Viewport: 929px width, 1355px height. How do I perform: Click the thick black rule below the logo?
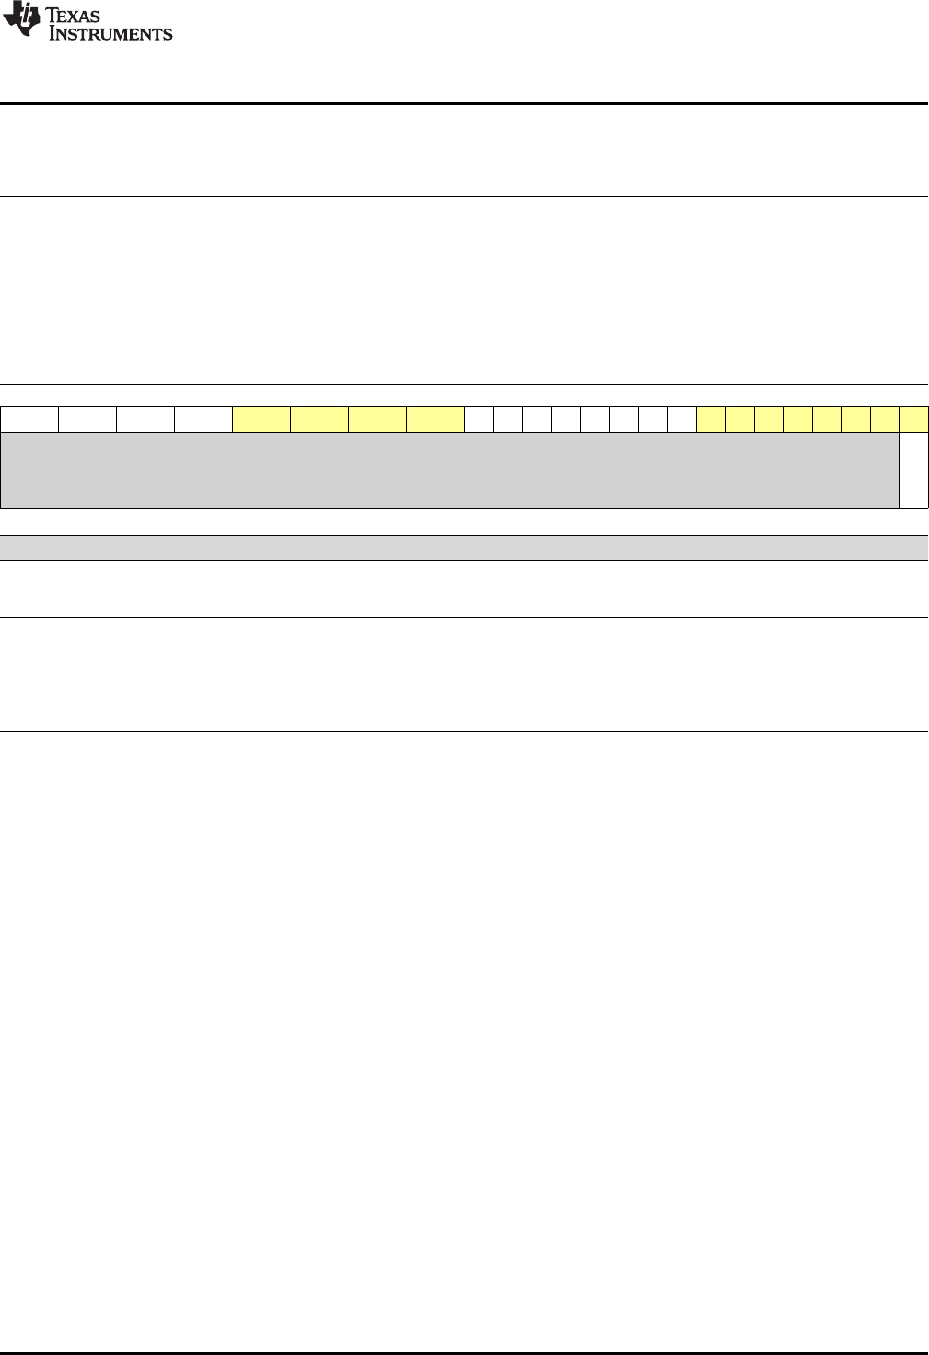pyautogui.click(x=464, y=103)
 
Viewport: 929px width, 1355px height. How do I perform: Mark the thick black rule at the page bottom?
pyautogui.click(x=464, y=1352)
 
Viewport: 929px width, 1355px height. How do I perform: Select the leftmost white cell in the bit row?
pyautogui.click(x=15, y=419)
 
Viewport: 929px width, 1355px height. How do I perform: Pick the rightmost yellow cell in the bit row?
pyautogui.click(x=913, y=419)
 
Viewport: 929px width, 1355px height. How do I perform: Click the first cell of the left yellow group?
pyautogui.click(x=247, y=419)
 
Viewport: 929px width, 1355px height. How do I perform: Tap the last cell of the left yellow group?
pyautogui.click(x=449, y=419)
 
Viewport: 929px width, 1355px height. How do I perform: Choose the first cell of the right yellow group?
pyautogui.click(x=711, y=419)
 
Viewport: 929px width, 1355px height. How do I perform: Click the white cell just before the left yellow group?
pyautogui.click(x=218, y=419)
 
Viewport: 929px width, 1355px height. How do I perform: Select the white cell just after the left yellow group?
pyautogui.click(x=479, y=419)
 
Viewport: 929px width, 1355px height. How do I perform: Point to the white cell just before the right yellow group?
pyautogui.click(x=681, y=419)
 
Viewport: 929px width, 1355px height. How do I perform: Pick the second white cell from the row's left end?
pyautogui.click(x=44, y=419)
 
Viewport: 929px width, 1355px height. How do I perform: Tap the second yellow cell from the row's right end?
pyautogui.click(x=885, y=419)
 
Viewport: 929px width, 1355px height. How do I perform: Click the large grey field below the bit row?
pyautogui.click(x=449, y=469)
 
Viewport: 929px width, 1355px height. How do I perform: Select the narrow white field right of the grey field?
pyautogui.click(x=913, y=469)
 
